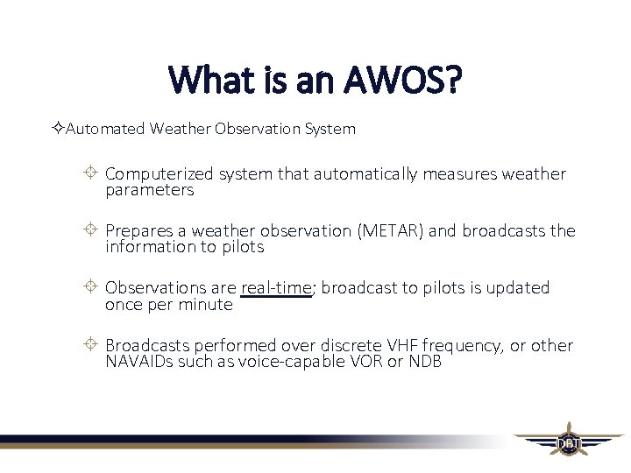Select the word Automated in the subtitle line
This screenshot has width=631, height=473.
coord(105,129)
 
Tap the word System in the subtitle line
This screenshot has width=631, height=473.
coord(330,129)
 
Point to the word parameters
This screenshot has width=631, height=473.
coord(149,190)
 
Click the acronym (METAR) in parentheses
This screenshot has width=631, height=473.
coord(390,231)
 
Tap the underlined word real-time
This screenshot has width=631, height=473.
coord(276,288)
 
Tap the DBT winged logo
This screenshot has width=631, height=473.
coord(568,442)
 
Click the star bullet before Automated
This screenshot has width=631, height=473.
coord(57,129)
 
